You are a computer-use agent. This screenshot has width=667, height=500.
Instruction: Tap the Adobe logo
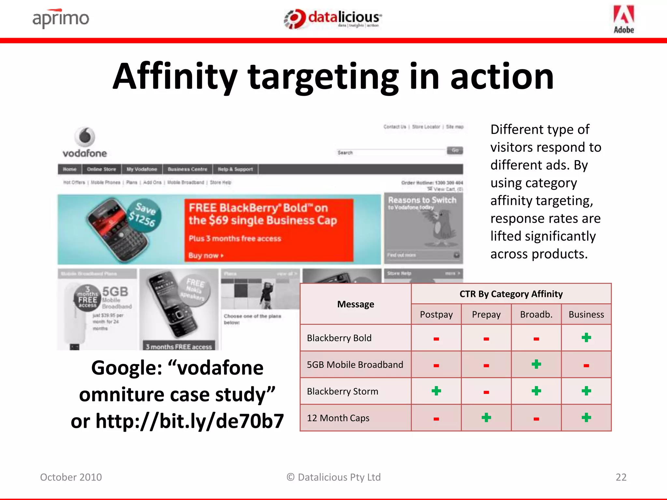pos(624,19)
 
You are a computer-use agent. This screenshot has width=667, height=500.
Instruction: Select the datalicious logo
pos(333,19)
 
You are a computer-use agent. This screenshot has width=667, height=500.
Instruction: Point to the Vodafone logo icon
pos(85,137)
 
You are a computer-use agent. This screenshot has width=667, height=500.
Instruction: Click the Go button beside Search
pos(455,150)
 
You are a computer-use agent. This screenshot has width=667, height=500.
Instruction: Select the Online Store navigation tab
pos(101,169)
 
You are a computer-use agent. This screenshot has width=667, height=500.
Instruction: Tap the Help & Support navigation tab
pos(235,169)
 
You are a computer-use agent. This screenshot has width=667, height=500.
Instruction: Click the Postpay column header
pos(436,314)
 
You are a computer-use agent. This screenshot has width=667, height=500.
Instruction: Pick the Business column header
pos(586,314)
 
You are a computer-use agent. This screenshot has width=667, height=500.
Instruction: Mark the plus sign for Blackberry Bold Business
pos(586,338)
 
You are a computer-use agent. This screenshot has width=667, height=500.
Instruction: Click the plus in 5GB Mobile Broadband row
pos(536,364)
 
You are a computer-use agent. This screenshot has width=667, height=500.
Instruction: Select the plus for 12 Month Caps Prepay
pos(486,418)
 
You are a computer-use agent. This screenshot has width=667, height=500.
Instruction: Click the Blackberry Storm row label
pos(343,391)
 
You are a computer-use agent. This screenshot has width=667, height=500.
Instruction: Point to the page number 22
pos(621,477)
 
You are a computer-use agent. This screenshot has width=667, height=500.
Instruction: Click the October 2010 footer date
pos(71,477)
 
